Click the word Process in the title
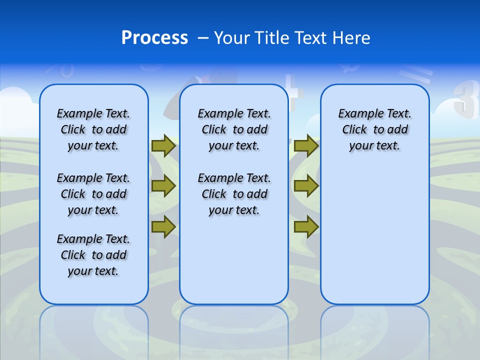[x=154, y=38]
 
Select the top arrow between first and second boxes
[x=163, y=146]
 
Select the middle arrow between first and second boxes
[x=163, y=186]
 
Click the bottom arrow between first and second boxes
[x=163, y=227]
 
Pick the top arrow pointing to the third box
[x=306, y=146]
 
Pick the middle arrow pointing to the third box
[x=306, y=186]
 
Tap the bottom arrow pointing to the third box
[x=306, y=227]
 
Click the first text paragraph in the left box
[x=93, y=129]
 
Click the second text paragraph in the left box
[x=93, y=194]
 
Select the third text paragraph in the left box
[x=93, y=255]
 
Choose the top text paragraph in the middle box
[x=234, y=129]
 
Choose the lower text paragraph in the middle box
[x=234, y=194]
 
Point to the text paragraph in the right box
[x=374, y=129]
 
